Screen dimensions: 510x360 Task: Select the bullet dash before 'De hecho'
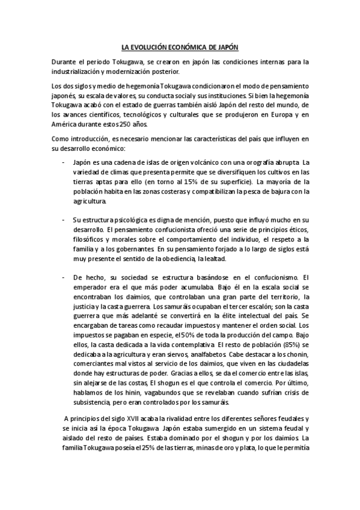(64, 277)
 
